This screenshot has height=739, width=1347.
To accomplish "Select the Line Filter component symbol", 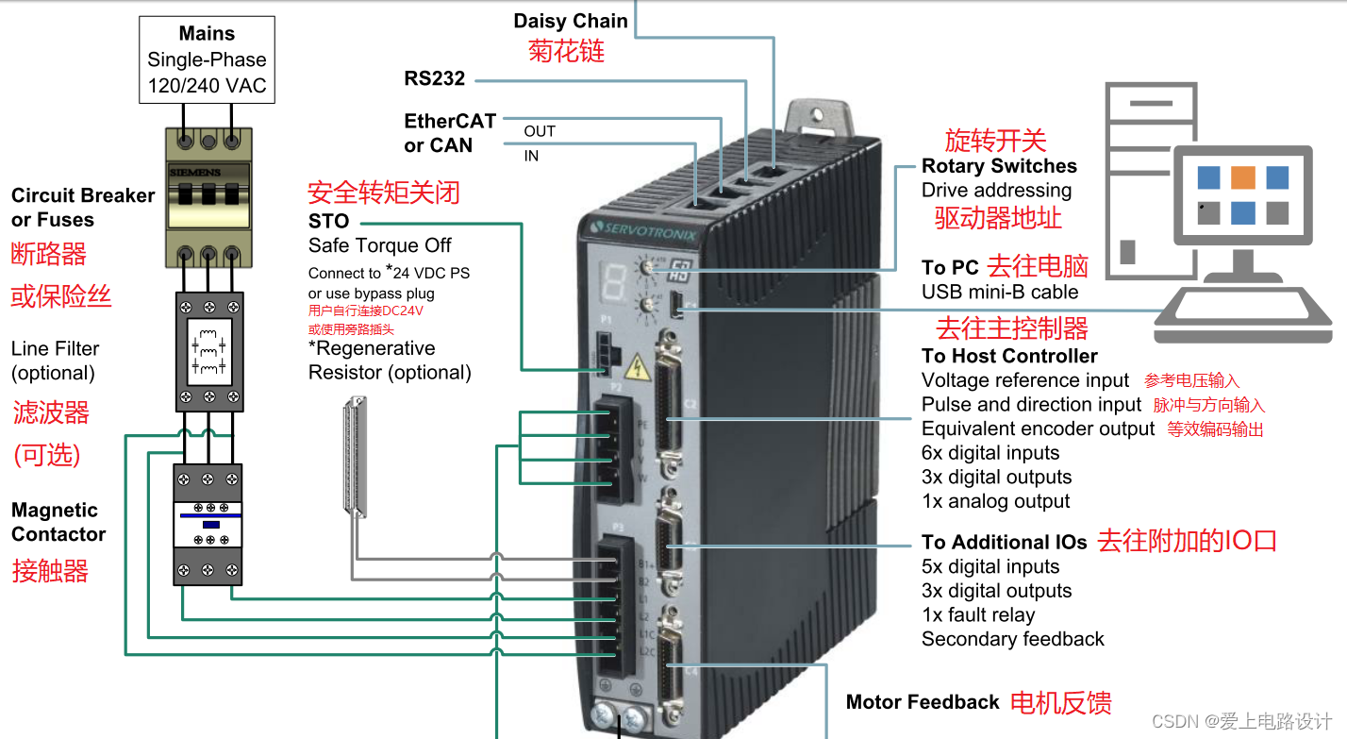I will tap(209, 351).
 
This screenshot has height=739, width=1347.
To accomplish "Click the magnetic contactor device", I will tap(208, 524).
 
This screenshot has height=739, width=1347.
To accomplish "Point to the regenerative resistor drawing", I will tap(355, 458).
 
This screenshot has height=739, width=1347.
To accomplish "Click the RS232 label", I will tap(435, 78).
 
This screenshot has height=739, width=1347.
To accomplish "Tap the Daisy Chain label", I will tap(571, 21).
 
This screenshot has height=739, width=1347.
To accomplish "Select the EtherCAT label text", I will tap(450, 121).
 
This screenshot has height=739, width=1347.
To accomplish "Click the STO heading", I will tap(328, 222).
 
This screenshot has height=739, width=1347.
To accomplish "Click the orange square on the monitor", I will tap(1243, 177).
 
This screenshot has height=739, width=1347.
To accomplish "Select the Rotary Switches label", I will tap(999, 166).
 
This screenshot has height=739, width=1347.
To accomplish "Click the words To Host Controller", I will tap(1009, 356).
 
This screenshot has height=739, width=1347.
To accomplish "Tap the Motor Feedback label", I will tap(923, 702).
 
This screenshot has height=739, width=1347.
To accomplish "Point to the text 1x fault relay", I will tap(978, 615).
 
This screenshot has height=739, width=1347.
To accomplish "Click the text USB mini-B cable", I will tap(1000, 292).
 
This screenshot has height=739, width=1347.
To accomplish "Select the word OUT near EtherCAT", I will tap(540, 131).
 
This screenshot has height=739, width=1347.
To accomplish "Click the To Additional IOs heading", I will tap(1004, 543).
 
